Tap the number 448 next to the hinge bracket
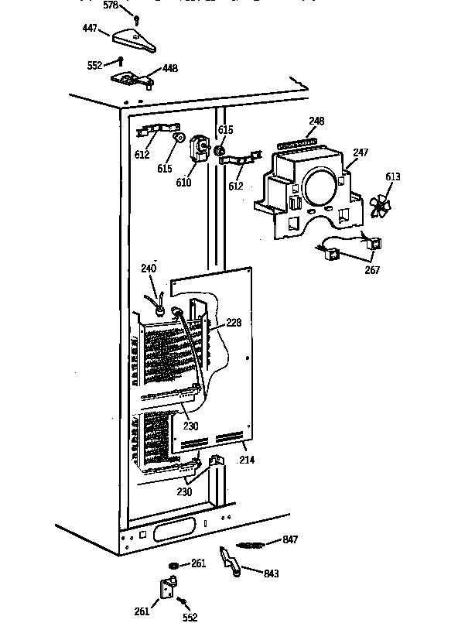pos(169,69)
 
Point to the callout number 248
pos(316,122)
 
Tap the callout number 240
pos(149,269)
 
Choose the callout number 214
pos(247,460)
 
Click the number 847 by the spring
pos(290,540)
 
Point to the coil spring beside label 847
pos(251,546)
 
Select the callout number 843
pos(271,573)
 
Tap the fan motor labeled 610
pos(200,148)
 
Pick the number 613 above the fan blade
pos(393,177)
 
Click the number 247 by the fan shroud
pos(361,153)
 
